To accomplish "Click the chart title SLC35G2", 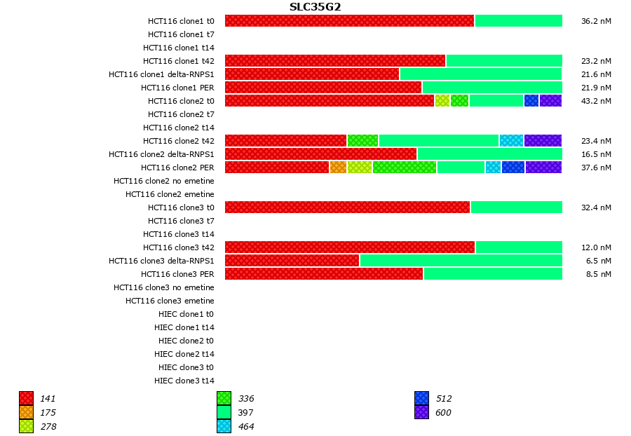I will click(315, 7).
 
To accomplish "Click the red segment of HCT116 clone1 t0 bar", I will click(349, 21).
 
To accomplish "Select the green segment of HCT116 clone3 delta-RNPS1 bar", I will click(461, 261).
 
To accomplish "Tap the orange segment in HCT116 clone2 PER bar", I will click(338, 168).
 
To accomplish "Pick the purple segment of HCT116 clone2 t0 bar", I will click(550, 101).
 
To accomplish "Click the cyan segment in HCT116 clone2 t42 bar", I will click(511, 141).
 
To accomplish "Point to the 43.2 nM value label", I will click(596, 101).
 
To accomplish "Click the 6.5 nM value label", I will click(598, 261).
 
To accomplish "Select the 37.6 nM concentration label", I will click(596, 168).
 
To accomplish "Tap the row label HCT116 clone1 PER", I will click(177, 88).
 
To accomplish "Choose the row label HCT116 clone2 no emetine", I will click(164, 181).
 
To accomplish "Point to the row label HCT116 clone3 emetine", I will click(170, 301).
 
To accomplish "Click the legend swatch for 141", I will click(26, 399).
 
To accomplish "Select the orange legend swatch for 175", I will click(26, 413).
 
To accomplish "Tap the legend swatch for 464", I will click(224, 426).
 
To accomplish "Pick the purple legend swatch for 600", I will click(421, 413).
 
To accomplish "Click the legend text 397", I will click(245, 413).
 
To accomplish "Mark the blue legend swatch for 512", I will click(421, 399).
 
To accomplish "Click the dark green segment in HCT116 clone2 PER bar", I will click(404, 168).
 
